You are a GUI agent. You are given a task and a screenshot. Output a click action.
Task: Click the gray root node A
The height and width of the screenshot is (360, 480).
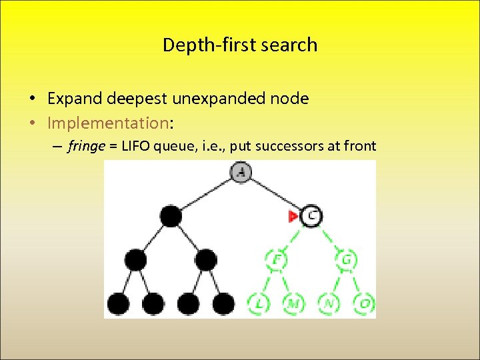[x=241, y=173]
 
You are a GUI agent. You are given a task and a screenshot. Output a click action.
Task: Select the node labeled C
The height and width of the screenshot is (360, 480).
[x=312, y=216]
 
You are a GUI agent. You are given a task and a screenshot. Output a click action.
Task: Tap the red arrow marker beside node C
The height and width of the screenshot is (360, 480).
[x=292, y=216]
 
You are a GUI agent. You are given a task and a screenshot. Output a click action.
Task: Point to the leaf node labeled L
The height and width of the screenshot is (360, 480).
[x=257, y=303]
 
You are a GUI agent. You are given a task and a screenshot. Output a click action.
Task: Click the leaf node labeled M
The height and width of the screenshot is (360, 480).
[x=293, y=303]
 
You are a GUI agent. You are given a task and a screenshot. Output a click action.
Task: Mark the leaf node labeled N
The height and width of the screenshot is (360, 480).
[x=329, y=303]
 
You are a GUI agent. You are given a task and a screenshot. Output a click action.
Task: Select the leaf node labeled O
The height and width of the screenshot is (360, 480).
[x=365, y=303]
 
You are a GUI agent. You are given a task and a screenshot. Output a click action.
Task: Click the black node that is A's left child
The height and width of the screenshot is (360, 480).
[x=171, y=216]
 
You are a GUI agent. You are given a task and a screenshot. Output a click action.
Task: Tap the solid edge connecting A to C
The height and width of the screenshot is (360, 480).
[x=275, y=193]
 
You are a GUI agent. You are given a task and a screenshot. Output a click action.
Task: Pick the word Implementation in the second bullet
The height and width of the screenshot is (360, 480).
[x=109, y=123]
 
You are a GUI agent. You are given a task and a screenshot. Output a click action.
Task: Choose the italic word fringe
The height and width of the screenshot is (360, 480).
[x=85, y=147]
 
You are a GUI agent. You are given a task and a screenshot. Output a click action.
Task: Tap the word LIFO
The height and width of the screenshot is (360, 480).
[x=135, y=147]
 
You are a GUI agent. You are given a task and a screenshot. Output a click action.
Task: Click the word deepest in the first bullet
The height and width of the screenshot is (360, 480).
[x=136, y=99]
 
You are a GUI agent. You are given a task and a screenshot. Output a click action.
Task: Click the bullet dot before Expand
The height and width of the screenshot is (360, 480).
[x=32, y=99]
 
